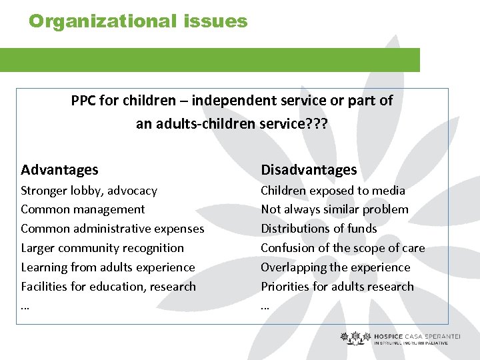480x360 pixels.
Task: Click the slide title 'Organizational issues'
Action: pyautogui.click(x=138, y=21)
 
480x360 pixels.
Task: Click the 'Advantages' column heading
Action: pyautogui.click(x=59, y=170)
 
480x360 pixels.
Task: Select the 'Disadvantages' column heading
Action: pyautogui.click(x=309, y=170)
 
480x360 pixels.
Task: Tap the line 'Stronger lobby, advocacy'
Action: pyautogui.click(x=89, y=191)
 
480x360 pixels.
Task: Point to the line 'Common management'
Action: pyautogui.click(x=83, y=209)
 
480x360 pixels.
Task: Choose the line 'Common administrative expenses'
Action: pyautogui.click(x=112, y=229)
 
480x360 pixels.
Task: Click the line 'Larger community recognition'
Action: pyautogui.click(x=102, y=248)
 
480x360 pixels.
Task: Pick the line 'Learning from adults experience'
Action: pyautogui.click(x=108, y=267)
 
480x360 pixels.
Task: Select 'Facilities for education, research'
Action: pyautogui.click(x=108, y=287)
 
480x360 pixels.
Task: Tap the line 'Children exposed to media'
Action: pyautogui.click(x=333, y=191)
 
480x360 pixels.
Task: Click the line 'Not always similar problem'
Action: pyautogui.click(x=335, y=209)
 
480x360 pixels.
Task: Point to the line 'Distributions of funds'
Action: pyautogui.click(x=319, y=229)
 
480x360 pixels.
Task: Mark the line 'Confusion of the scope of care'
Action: pyautogui.click(x=343, y=248)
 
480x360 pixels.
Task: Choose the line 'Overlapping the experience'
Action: pyautogui.click(x=335, y=267)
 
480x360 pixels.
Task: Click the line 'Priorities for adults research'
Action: pyautogui.click(x=337, y=287)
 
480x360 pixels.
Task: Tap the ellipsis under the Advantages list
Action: pyautogui.click(x=25, y=307)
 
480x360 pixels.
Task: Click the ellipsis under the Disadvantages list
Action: pyautogui.click(x=265, y=307)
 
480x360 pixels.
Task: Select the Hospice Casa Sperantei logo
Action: pyautogui.click(x=399, y=339)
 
